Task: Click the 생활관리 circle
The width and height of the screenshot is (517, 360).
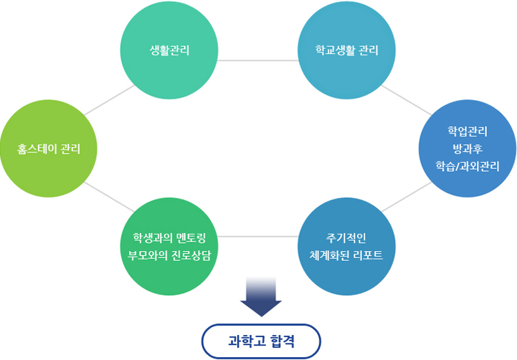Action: [169, 50]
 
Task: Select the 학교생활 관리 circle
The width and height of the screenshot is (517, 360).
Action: [347, 50]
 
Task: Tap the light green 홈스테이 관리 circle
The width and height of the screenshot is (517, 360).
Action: [48, 148]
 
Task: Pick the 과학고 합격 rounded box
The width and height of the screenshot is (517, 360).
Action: [261, 341]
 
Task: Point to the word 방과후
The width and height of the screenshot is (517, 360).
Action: [467, 148]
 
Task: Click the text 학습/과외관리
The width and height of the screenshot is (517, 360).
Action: [467, 166]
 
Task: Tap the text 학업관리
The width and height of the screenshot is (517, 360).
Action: [467, 131]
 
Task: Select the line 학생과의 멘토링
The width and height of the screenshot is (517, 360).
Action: [169, 238]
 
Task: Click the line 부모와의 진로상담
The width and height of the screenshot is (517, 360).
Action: [169, 255]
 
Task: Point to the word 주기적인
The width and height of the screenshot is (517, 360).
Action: [346, 238]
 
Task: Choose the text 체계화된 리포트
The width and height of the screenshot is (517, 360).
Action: [346, 255]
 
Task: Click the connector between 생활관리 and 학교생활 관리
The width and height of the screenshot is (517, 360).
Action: [258, 61]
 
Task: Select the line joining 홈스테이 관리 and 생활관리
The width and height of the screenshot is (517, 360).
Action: [109, 100]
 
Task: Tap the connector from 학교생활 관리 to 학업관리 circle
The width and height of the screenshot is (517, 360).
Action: [406, 100]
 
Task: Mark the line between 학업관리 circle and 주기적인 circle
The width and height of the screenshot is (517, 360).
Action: [406, 197]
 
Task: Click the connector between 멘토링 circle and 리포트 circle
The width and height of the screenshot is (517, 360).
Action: [258, 237]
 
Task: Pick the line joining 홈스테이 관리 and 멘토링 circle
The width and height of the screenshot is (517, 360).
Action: [109, 197]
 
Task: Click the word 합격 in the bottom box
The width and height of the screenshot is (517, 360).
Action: [282, 341]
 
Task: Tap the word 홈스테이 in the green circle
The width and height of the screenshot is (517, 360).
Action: [37, 149]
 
